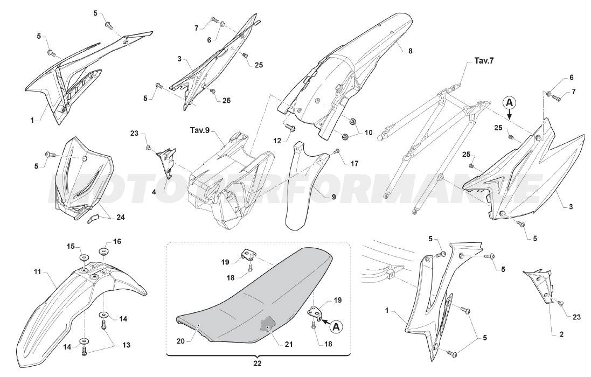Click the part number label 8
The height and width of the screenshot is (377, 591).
click(x=410, y=51)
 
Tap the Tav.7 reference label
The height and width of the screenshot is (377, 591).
click(x=484, y=61)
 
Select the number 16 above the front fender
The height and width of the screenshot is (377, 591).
click(x=117, y=241)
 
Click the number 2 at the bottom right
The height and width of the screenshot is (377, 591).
click(x=561, y=334)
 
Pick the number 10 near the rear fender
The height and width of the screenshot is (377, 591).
click(x=368, y=131)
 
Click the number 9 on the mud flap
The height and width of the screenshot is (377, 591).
click(x=333, y=197)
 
